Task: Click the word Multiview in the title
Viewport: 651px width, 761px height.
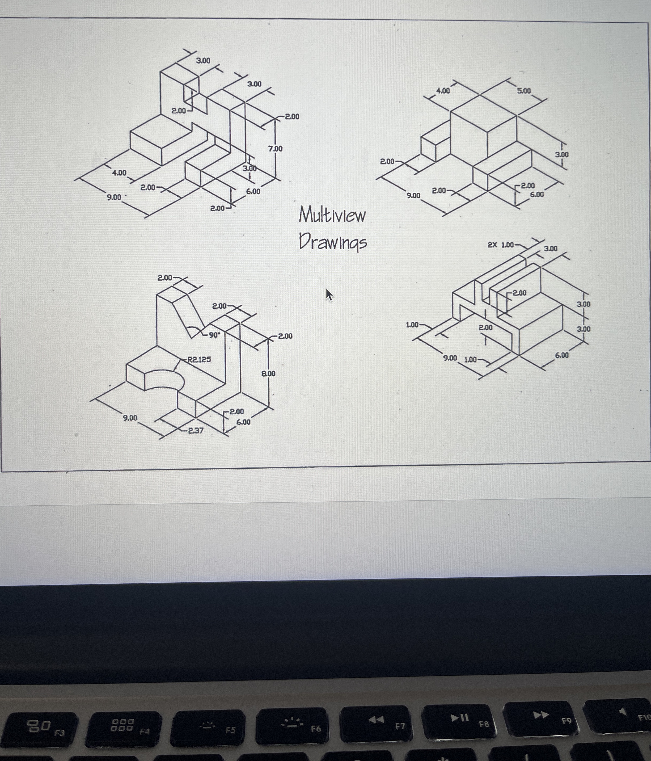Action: (332, 215)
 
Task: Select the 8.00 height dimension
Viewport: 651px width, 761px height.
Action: (268, 373)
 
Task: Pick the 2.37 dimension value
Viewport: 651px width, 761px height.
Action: (196, 430)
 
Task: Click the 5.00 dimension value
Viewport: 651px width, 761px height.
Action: (524, 91)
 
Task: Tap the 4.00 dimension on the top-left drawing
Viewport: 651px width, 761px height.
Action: (119, 173)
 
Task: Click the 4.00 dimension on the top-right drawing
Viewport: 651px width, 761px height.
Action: (443, 91)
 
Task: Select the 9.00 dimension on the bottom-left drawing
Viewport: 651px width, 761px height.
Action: (130, 418)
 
